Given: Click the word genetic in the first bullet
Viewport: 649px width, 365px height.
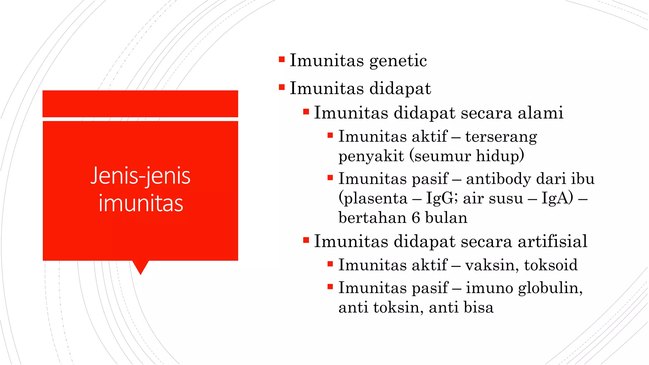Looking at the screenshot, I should pos(398,61).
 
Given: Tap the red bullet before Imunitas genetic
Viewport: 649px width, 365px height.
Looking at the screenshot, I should pos(282,59).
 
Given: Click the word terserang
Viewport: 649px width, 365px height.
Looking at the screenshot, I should pos(501,137).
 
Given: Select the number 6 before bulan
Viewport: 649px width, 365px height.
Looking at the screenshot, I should pos(416,218).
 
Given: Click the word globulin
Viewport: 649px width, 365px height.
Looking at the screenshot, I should pos(550,288).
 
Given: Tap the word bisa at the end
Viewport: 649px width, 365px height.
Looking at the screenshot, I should pos(478,308).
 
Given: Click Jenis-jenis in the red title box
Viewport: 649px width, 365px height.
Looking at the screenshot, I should pos(140,176).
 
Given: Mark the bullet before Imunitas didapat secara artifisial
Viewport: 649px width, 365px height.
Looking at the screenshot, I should pos(306,240).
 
